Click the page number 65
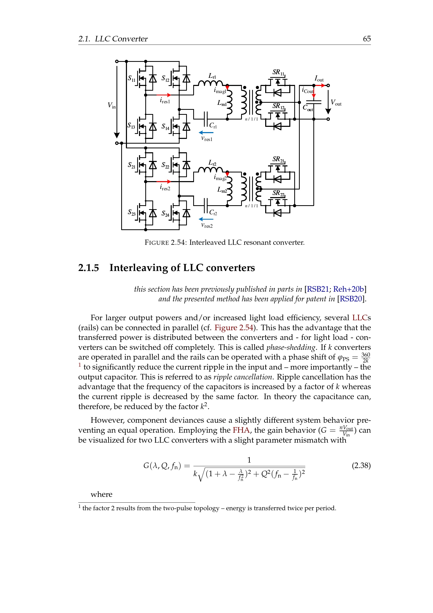click(x=367, y=39)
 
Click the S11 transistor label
click(x=131, y=78)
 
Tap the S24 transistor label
click(x=165, y=214)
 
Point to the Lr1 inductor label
click(x=212, y=76)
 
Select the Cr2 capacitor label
click(x=213, y=213)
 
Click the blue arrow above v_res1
click(x=206, y=132)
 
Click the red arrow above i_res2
click(x=163, y=182)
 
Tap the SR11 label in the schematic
click(x=278, y=72)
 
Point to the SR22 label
click(x=278, y=193)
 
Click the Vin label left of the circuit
click(x=112, y=105)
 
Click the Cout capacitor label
click(x=308, y=108)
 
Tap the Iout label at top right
click(x=319, y=79)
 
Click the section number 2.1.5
click(x=88, y=268)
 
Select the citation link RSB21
click(x=318, y=289)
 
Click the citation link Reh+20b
click(x=348, y=289)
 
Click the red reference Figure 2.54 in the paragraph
click(x=234, y=328)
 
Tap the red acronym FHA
click(x=241, y=430)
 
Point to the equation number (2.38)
click(x=361, y=465)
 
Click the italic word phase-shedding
click(x=291, y=347)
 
